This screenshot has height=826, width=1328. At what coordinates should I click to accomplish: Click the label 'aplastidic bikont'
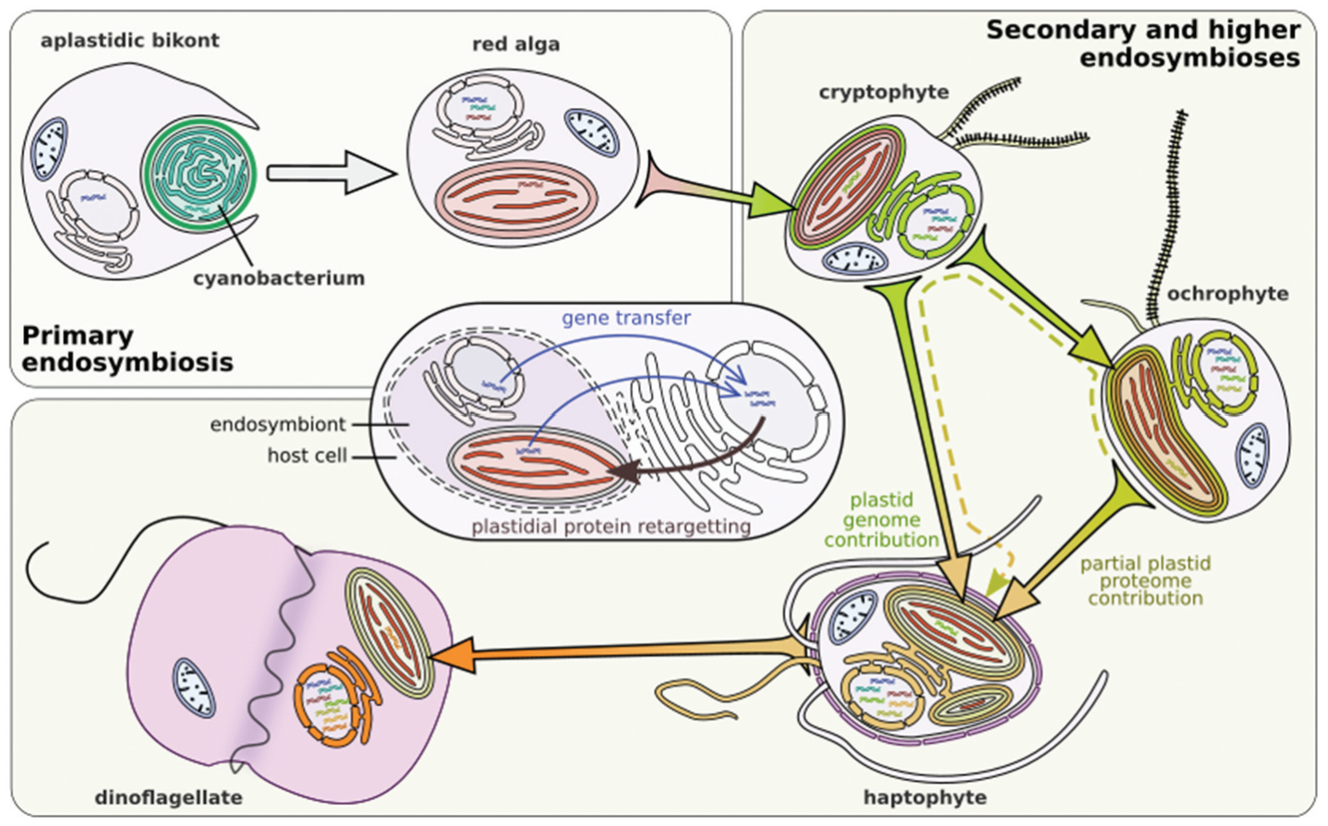pos(129,41)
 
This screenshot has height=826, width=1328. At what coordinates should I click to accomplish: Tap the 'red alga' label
pos(515,44)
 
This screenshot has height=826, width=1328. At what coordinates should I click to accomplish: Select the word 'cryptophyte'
pos(884,91)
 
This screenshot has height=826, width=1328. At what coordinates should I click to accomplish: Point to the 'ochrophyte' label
pos(1227,294)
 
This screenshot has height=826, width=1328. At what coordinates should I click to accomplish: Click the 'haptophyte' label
pos(924,797)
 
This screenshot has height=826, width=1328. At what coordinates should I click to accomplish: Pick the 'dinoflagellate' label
pos(169,797)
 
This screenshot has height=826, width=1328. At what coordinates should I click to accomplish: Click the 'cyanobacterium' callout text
pos(279,278)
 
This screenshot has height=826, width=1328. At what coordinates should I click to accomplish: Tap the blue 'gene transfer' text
pos(626,318)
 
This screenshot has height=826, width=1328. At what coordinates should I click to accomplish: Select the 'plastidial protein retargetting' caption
pos(610,527)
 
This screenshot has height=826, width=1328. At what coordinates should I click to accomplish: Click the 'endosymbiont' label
pos(277,424)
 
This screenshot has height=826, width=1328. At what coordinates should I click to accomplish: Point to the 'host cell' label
pos(307,456)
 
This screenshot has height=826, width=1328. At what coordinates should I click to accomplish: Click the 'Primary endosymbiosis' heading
pos(127,348)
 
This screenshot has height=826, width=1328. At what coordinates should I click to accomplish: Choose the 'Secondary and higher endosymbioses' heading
pos(1143,43)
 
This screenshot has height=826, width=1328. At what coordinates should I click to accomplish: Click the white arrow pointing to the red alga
pos(330,173)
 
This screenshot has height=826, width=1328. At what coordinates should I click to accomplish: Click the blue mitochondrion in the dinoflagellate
pos(195,688)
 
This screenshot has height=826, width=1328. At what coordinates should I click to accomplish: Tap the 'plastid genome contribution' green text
pos(881,520)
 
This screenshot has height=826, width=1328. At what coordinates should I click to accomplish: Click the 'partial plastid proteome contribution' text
pos(1145,580)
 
